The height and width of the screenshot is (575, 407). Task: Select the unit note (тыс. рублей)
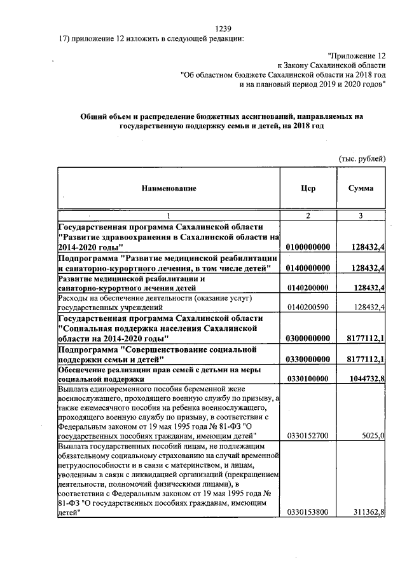pos(361,158)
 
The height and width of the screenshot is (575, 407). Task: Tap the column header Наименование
pos(169,189)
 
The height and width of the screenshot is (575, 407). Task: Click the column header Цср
pos(308,189)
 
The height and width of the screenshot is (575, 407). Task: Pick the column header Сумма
pos(361,189)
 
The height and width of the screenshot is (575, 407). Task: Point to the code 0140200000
pos(308,288)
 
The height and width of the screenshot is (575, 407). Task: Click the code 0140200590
pos(308,308)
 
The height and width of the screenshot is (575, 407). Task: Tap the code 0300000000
pos(308,338)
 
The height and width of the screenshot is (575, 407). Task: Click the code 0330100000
pos(308,379)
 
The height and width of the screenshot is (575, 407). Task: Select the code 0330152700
pos(308,436)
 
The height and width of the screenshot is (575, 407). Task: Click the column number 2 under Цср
pos(308,216)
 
